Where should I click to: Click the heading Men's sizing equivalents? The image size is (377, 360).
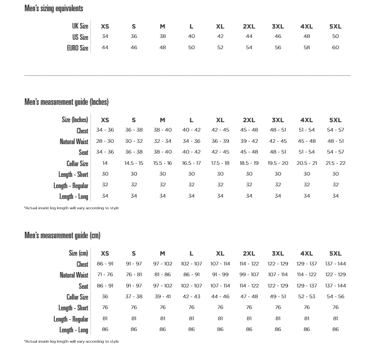tap(54, 8)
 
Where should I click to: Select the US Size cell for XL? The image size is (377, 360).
tap(220, 37)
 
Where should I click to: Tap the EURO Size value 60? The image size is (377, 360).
tap(335, 48)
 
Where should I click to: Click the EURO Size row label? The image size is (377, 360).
tap(77, 48)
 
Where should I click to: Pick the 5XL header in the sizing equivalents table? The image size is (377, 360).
tap(335, 26)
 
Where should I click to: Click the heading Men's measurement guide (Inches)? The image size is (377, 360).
tap(66, 102)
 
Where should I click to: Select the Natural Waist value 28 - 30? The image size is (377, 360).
tap(105, 141)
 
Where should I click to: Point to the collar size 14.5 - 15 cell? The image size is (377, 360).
tap(134, 163)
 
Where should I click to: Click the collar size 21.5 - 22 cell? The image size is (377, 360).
tap(335, 163)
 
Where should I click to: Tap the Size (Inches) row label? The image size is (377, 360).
tap(75, 120)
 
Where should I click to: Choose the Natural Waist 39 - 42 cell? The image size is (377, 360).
tap(249, 141)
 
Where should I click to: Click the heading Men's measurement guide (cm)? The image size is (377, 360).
tap(62, 235)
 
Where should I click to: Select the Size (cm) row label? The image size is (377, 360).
tap(78, 253)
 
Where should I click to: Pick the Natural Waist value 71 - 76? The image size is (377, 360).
tap(105, 275)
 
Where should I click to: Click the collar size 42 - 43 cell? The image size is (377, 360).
tap(191, 297)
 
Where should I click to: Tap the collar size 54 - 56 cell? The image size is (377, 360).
tap(335, 297)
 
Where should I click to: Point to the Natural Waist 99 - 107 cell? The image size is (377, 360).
tap(249, 275)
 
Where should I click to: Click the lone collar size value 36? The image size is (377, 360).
tap(105, 297)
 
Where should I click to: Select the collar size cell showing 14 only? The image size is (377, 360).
tap(105, 163)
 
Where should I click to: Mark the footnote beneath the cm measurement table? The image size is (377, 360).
tap(72, 341)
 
